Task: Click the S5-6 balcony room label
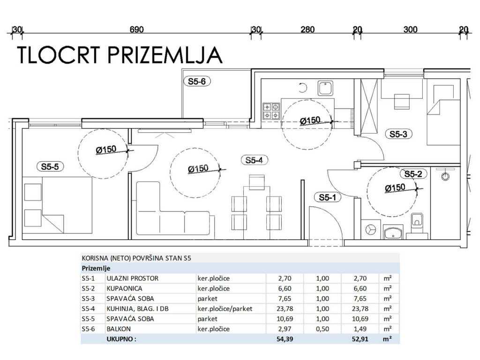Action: click(x=197, y=82)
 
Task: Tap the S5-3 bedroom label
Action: click(x=398, y=134)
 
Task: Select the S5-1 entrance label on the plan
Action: click(x=327, y=197)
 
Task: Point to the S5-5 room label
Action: click(x=50, y=166)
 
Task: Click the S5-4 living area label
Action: click(x=254, y=160)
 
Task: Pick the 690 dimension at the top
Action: click(x=136, y=30)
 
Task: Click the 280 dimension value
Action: click(x=307, y=30)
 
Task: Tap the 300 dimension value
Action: click(x=410, y=30)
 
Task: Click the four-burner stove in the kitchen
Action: click(x=271, y=111)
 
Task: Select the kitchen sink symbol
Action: click(x=325, y=88)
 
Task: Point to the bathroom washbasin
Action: click(x=393, y=232)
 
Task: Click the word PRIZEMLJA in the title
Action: click(x=165, y=55)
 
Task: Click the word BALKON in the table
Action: click(x=119, y=329)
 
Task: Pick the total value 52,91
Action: click(x=360, y=339)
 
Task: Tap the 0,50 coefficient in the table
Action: click(x=322, y=329)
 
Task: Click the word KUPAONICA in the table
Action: click(x=124, y=288)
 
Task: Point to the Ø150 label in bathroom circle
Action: click(x=395, y=188)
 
